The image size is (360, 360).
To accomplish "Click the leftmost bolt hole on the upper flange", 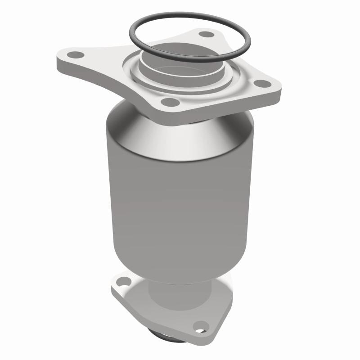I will point(77,55).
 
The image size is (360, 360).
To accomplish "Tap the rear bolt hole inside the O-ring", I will point(206,34).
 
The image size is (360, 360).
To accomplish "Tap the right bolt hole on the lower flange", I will point(201,325).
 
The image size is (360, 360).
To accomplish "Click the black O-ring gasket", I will point(135,43).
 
